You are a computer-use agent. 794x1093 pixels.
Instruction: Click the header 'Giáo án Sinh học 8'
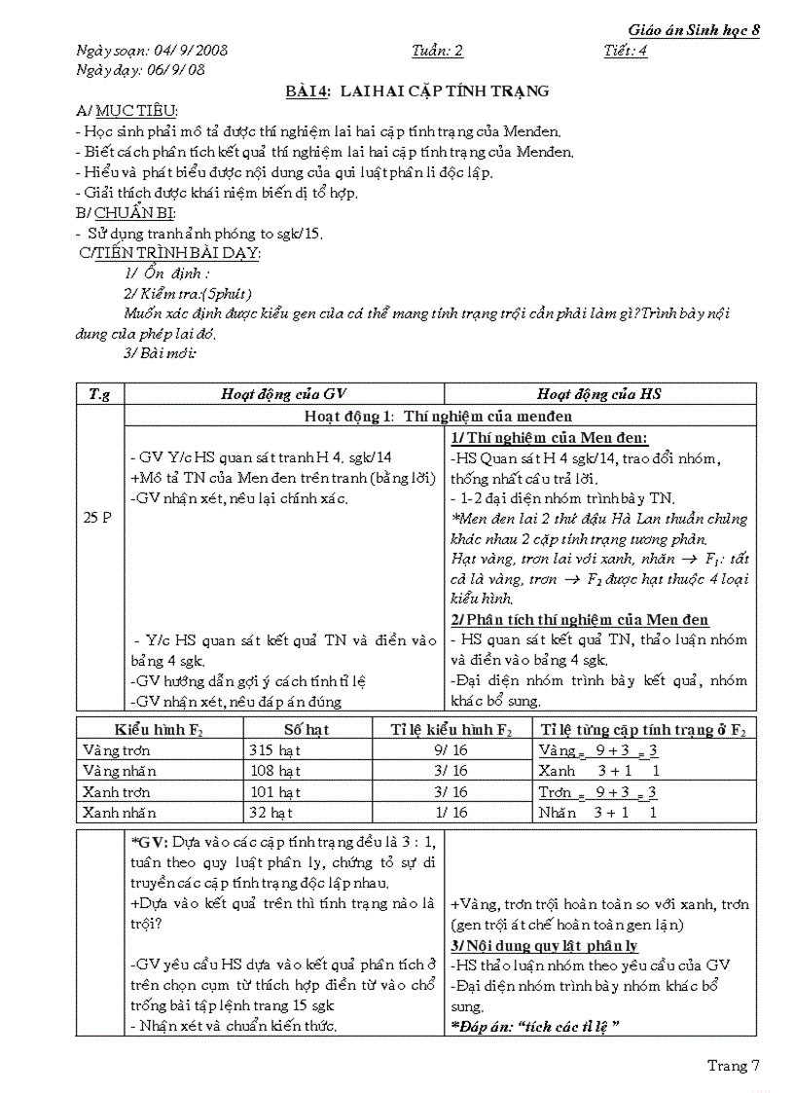pyautogui.click(x=694, y=30)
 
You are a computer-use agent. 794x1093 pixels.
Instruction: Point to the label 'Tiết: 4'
pyautogui.click(x=625, y=52)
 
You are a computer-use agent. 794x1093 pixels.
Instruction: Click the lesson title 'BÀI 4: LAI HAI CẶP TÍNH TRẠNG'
pyautogui.click(x=416, y=91)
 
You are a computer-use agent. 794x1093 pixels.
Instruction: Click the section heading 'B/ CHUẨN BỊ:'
pyautogui.click(x=126, y=212)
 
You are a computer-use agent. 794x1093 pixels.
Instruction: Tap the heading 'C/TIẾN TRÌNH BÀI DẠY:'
pyautogui.click(x=171, y=253)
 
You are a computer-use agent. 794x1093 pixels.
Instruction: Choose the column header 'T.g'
pyautogui.click(x=99, y=393)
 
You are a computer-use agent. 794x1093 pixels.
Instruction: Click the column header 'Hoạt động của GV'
pyautogui.click(x=283, y=393)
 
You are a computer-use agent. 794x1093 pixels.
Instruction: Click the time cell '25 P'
pyautogui.click(x=98, y=518)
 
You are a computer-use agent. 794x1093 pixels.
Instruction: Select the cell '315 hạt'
pyautogui.click(x=275, y=750)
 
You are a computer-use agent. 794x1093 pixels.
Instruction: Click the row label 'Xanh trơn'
pyautogui.click(x=119, y=791)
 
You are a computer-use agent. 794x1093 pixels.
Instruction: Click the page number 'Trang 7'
pyautogui.click(x=733, y=1066)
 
